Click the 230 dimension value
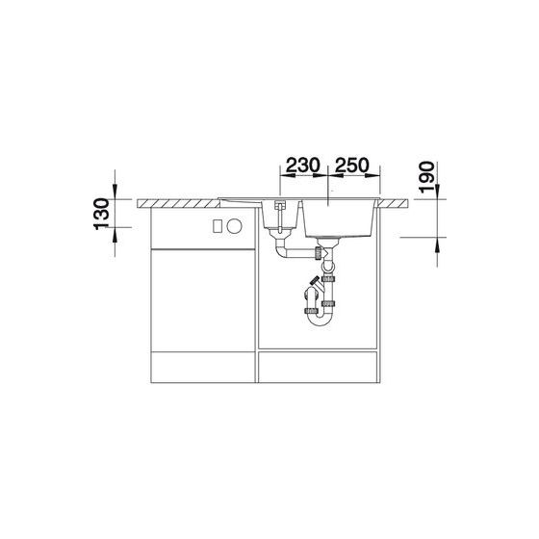pyautogui.click(x=303, y=166)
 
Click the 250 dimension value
pyautogui.click(x=352, y=166)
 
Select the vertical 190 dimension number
pyautogui.click(x=426, y=177)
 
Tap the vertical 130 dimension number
pyautogui.click(x=101, y=214)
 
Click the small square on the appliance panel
pyautogui.click(x=218, y=226)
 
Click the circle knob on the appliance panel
pyautogui.click(x=235, y=226)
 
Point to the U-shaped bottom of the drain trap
pyautogui.click(x=320, y=319)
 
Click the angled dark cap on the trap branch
pyautogui.click(x=315, y=280)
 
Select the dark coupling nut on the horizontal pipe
pyautogui.click(x=319, y=253)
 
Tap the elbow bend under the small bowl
pyautogui.click(x=281, y=251)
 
